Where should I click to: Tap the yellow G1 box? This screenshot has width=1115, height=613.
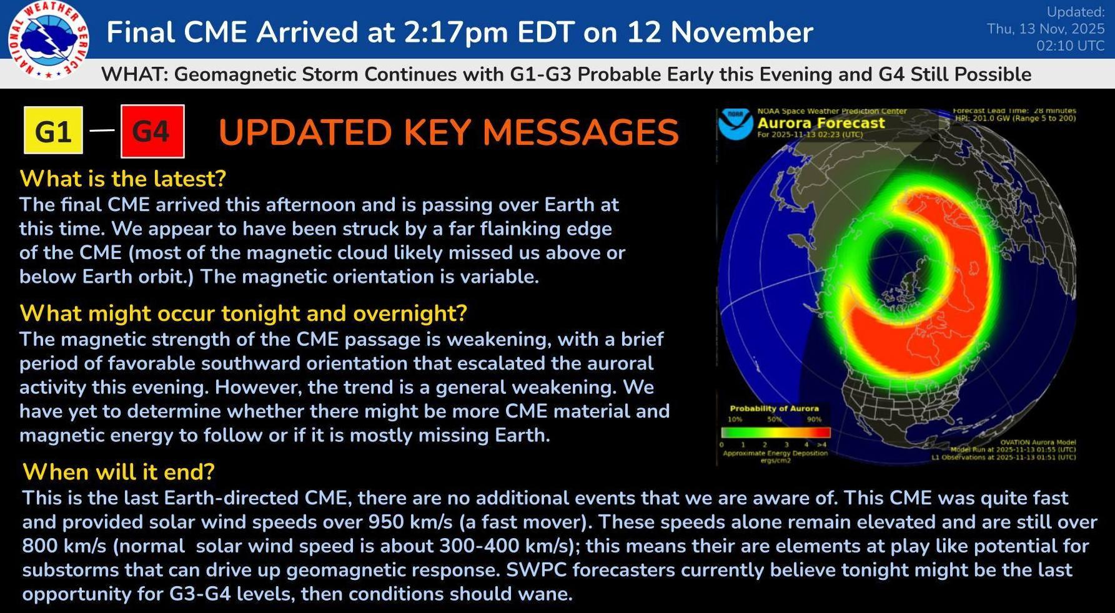point(53,130)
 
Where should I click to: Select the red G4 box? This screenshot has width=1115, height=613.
point(152,131)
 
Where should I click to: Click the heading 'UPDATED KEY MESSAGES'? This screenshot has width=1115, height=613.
point(448,132)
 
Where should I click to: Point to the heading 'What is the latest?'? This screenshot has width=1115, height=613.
point(122,179)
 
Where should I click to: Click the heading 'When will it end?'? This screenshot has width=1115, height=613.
point(119,471)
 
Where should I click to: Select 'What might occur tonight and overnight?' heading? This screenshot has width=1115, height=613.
point(244,313)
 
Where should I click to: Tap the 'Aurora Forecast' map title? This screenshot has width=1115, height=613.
point(821,123)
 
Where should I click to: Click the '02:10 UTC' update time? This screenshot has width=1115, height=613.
point(1070,46)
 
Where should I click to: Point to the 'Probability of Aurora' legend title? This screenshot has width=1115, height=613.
point(774,408)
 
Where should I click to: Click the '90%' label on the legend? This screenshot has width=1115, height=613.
point(814,419)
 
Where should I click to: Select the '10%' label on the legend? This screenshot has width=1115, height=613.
point(735,419)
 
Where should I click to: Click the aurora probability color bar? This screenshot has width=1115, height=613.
point(776,432)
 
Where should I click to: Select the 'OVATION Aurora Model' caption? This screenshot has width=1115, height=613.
point(1038,443)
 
